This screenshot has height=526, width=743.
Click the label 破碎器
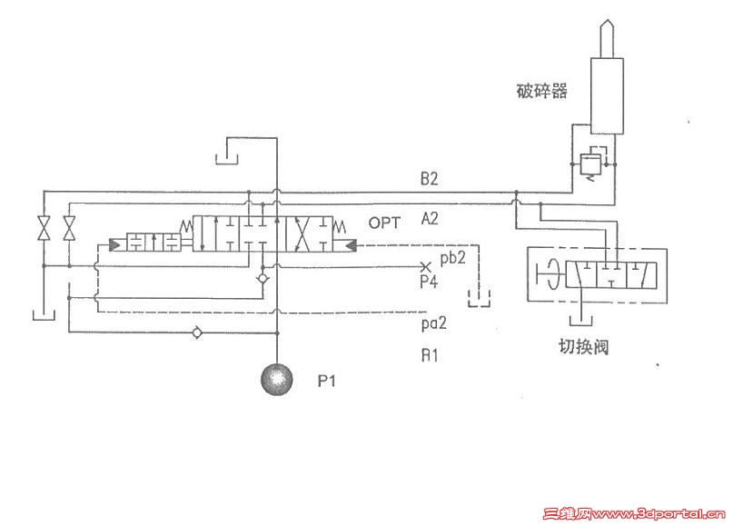pos(541,90)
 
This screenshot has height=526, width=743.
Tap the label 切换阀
pos(583,347)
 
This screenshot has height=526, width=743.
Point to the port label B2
pos(430,179)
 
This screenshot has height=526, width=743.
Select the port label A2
pos(430,219)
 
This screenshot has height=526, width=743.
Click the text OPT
pos(384,223)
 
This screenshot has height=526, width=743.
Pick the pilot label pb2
pos(453,257)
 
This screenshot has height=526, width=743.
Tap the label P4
pos(429,282)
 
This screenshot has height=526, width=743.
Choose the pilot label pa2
pos(434,323)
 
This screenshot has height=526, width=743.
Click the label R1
pos(430,355)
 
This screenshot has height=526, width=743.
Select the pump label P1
pos(326,381)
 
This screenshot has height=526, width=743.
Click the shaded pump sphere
pos(277,379)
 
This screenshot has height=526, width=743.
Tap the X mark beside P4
pos(425,267)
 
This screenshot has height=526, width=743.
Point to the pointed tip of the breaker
pos(607,20)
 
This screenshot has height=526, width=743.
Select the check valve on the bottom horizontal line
pos(198,333)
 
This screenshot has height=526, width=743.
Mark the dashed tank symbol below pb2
pos(479,298)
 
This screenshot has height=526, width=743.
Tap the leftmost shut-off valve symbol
pos(44,228)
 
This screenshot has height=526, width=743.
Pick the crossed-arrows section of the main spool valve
pos(301,233)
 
